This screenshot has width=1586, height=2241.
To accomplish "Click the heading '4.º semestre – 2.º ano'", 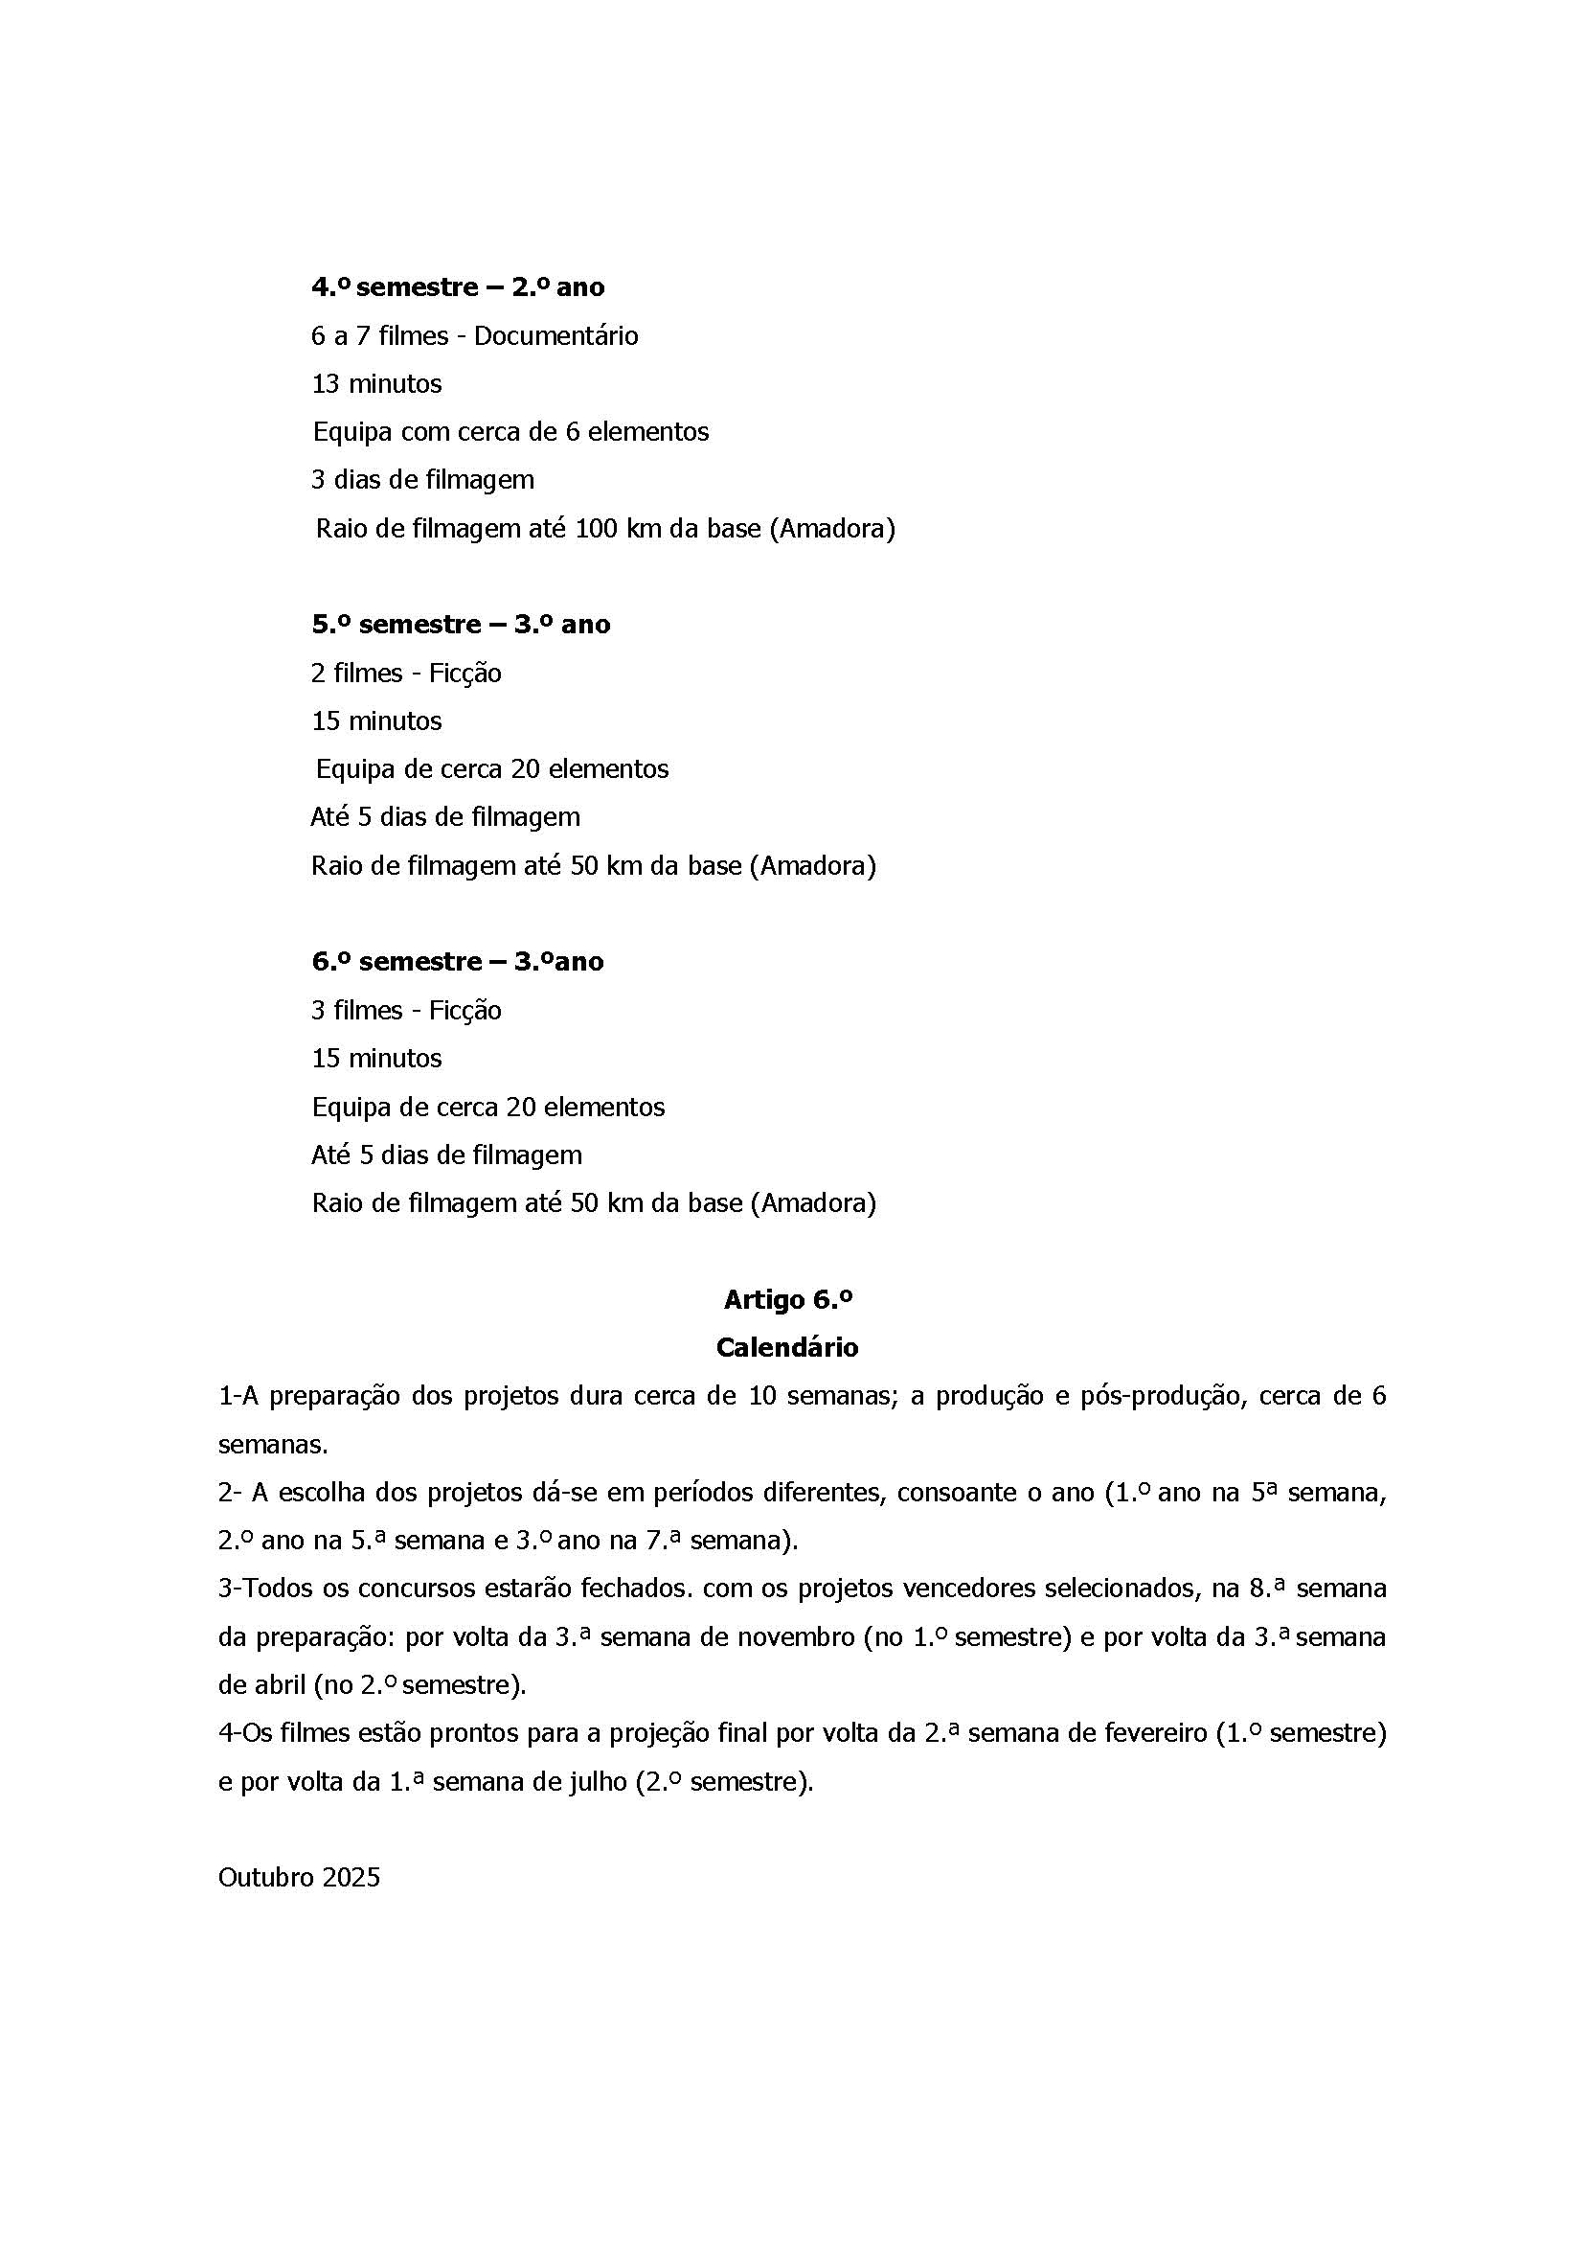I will pyautogui.click(x=457, y=287).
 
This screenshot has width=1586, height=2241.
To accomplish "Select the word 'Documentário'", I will pyautogui.click(x=555, y=336).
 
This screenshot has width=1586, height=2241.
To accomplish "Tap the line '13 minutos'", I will pyautogui.click(x=376, y=384).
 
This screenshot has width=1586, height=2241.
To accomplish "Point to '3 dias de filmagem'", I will pyautogui.click(x=422, y=480).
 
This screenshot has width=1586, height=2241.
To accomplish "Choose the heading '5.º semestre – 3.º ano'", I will pyautogui.click(x=461, y=625).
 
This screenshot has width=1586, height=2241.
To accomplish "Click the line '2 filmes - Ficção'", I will pyautogui.click(x=406, y=674).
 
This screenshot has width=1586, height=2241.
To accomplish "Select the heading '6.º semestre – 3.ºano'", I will pyautogui.click(x=457, y=961).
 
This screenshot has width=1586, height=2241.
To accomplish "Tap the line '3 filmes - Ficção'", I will pyautogui.click(x=406, y=1010).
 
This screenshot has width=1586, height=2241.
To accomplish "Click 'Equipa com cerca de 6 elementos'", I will pyautogui.click(x=510, y=432).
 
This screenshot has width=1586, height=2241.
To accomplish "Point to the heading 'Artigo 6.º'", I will pyautogui.click(x=788, y=1299).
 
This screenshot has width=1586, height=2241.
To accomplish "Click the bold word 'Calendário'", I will pyautogui.click(x=787, y=1347).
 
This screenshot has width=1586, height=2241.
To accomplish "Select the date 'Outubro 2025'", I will pyautogui.click(x=299, y=1878).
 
